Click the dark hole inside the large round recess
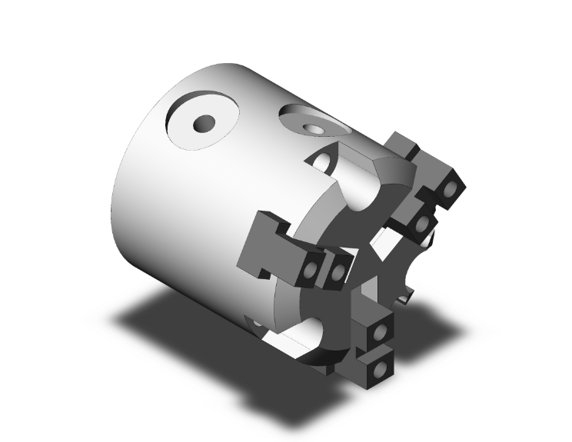click(x=205, y=123)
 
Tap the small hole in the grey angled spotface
click(x=314, y=128)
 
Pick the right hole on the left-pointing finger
click(x=338, y=270)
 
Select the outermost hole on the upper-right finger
click(x=451, y=188)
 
